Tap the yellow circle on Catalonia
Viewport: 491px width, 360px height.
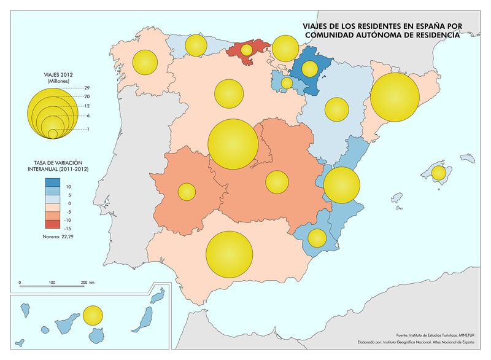click(395, 97)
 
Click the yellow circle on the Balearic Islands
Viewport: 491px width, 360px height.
click(438, 173)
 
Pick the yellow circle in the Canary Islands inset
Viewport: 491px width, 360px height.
click(92, 315)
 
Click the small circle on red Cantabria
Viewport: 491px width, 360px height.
click(247, 49)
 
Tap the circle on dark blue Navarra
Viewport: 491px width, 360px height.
click(309, 68)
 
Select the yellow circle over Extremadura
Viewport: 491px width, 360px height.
click(186, 191)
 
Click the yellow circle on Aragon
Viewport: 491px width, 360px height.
click(336, 109)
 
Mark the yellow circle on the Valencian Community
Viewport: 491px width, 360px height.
click(341, 184)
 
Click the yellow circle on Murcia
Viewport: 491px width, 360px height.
click(317, 237)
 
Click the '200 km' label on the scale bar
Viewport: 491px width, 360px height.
click(87, 283)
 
